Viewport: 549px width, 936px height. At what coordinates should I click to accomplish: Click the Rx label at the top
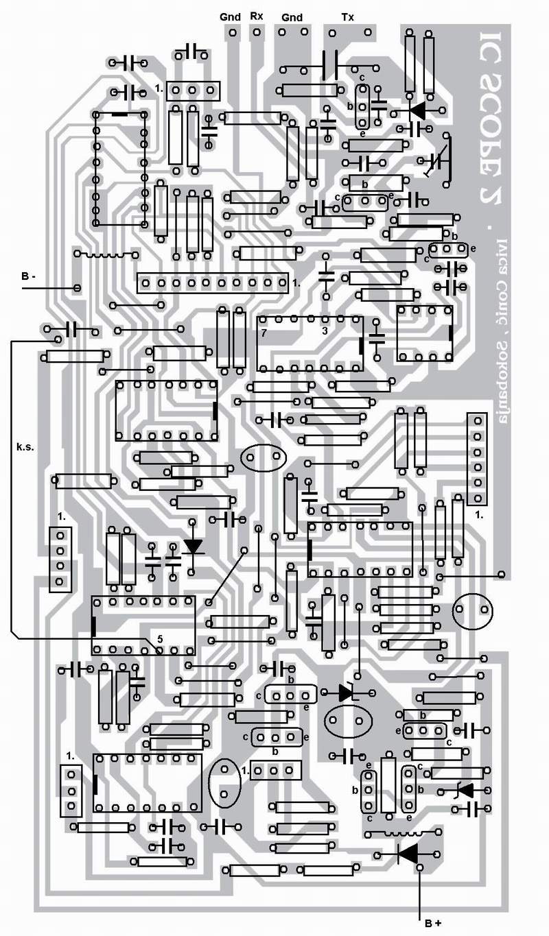point(256,16)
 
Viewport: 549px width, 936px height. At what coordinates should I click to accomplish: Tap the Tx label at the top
point(348,16)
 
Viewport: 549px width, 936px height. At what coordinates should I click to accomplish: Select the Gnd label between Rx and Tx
point(291,16)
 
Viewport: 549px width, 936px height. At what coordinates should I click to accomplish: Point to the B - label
point(29,276)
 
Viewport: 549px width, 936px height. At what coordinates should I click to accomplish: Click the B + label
point(432,924)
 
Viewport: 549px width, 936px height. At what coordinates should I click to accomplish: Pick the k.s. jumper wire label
point(25,446)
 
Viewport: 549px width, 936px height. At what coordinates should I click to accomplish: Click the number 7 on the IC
point(264,333)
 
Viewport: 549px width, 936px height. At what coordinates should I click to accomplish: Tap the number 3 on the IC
point(325,332)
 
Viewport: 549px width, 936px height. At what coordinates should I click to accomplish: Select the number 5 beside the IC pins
point(159,638)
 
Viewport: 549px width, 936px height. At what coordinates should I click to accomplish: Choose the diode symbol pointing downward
point(194,547)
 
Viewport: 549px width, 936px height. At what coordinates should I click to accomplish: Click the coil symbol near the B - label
point(106,255)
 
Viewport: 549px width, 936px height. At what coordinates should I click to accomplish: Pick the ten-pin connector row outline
point(213,283)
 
